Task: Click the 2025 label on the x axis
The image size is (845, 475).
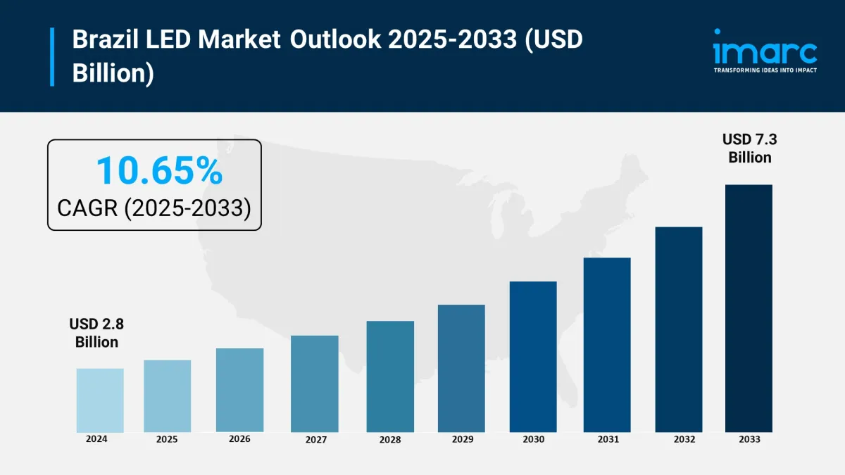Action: tap(167, 439)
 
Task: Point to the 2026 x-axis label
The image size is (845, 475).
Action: tap(240, 438)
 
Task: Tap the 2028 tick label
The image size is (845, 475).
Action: tap(389, 440)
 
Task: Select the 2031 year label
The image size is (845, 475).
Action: tap(607, 439)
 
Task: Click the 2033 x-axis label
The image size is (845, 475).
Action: tap(749, 439)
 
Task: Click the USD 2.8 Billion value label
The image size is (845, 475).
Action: tap(96, 333)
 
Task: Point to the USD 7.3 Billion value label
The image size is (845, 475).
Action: tap(750, 148)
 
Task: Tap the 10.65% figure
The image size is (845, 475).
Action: tap(159, 171)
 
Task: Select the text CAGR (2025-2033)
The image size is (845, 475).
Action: tap(154, 208)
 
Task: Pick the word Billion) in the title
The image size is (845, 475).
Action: tap(113, 72)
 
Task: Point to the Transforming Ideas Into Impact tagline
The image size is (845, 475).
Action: tap(765, 70)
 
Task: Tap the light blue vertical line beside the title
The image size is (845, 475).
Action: tap(52, 56)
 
